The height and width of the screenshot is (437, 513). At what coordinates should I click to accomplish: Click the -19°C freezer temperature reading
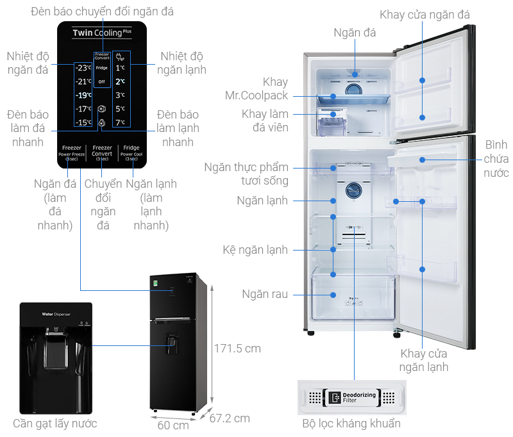click(83, 95)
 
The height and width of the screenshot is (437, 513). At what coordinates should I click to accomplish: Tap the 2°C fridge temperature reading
click(120, 81)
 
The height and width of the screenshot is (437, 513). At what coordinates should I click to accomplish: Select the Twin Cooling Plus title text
click(102, 32)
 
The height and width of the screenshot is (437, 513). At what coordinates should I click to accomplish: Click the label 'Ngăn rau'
click(265, 295)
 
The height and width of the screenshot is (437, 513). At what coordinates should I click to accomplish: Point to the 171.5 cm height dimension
click(238, 348)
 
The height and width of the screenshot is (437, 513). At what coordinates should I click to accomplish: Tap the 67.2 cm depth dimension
click(230, 418)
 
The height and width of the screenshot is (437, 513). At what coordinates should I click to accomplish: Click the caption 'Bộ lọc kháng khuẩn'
click(351, 424)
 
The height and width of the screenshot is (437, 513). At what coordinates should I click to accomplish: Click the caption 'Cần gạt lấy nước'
click(55, 424)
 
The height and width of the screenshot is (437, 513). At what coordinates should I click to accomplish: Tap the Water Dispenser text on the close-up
click(56, 314)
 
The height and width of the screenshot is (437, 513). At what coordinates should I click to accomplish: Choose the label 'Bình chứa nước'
click(496, 158)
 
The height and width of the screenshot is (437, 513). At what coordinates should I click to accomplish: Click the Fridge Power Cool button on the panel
click(131, 154)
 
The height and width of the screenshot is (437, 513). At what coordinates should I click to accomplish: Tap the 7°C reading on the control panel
click(120, 122)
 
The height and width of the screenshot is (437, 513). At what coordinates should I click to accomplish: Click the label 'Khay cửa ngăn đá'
click(425, 15)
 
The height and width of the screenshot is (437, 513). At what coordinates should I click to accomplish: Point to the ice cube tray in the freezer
click(332, 122)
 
